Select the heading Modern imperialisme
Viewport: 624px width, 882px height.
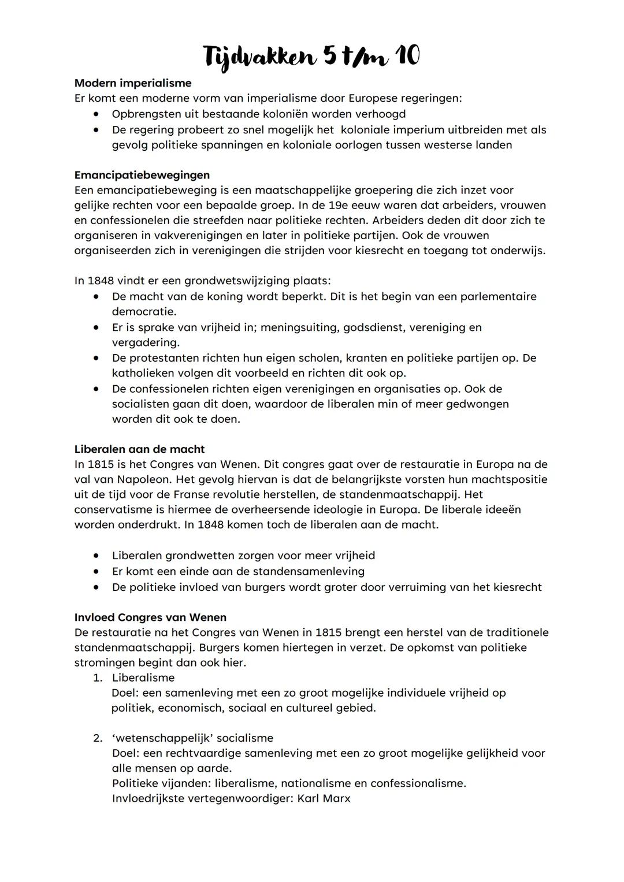(x=133, y=83)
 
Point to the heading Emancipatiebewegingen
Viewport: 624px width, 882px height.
(x=142, y=174)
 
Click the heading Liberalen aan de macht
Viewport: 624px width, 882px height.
(x=139, y=449)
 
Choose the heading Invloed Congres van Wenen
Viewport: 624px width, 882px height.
(x=150, y=617)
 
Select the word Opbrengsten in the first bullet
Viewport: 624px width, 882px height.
(x=146, y=114)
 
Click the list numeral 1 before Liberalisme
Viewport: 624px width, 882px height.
(x=98, y=678)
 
